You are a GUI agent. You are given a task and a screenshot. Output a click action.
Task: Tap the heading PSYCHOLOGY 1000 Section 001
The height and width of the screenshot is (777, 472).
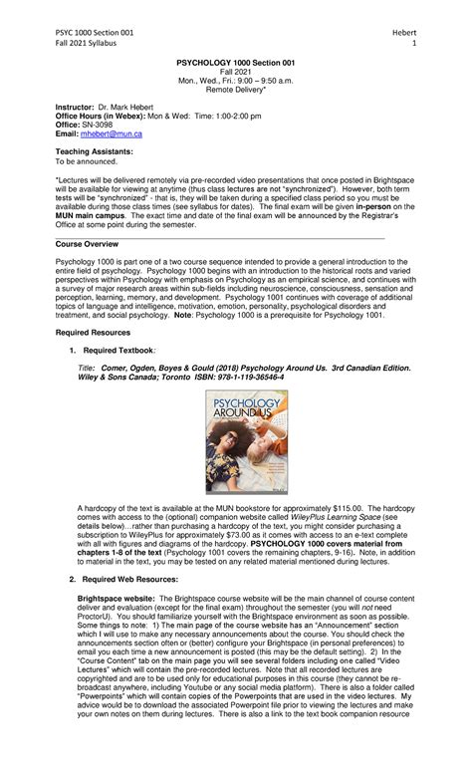[x=235, y=62]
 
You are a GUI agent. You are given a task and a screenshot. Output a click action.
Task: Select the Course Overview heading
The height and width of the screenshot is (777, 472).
[x=90, y=243]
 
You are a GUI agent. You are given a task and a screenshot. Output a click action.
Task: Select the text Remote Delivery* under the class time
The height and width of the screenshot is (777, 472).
[x=235, y=89]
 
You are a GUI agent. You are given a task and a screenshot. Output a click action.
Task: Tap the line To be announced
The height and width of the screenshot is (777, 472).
[x=86, y=160]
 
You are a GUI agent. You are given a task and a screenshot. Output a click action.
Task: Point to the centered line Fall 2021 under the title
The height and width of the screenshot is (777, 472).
[x=235, y=71]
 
